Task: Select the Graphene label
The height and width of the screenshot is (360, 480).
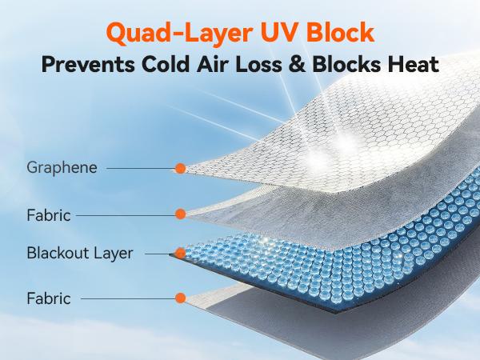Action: (x=62, y=168)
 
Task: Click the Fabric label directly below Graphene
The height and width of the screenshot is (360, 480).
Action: (x=49, y=214)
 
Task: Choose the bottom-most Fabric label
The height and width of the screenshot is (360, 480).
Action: (x=49, y=298)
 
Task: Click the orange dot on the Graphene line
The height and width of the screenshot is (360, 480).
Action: (x=181, y=169)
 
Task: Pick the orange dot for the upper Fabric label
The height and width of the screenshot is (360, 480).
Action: (x=181, y=214)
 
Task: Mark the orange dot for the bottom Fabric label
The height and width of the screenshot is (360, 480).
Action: (x=181, y=298)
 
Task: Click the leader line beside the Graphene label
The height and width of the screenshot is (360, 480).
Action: (x=141, y=169)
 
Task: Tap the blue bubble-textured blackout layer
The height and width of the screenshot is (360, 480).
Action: (x=336, y=240)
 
